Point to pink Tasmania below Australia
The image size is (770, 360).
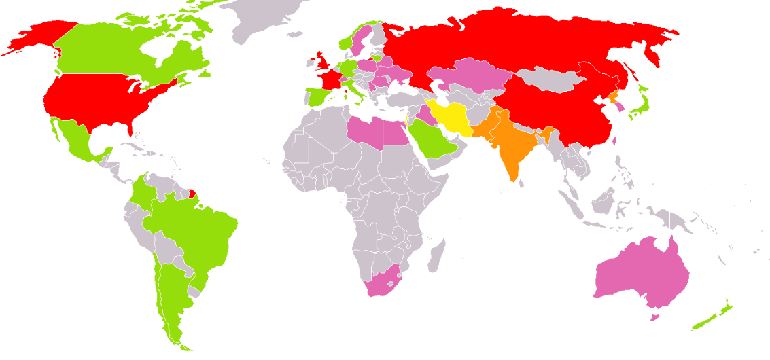(x=654, y=317)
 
